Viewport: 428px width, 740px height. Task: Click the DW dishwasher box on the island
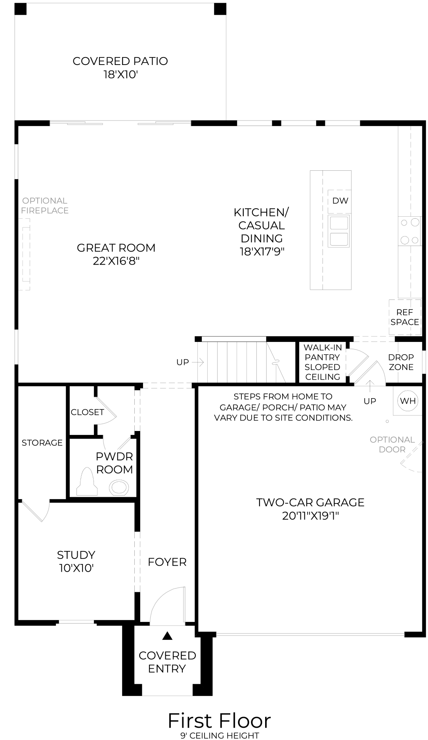pyautogui.click(x=340, y=201)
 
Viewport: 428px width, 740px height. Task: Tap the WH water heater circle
pyautogui.click(x=408, y=401)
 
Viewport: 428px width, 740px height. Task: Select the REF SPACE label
pyautogui.click(x=405, y=317)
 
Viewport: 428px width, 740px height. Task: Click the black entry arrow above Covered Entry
pyautogui.click(x=168, y=636)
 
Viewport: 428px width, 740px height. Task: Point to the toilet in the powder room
pyautogui.click(x=87, y=483)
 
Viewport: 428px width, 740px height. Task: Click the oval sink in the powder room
pyautogui.click(x=119, y=487)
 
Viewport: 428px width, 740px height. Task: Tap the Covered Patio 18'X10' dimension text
pyautogui.click(x=120, y=74)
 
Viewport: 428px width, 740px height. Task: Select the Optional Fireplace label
pyautogui.click(x=45, y=206)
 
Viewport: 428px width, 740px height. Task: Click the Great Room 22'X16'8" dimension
pyautogui.click(x=116, y=261)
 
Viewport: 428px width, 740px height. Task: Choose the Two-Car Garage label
pyautogui.click(x=310, y=502)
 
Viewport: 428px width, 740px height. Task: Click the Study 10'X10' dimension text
pyautogui.click(x=76, y=568)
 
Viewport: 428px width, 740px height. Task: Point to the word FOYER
pyautogui.click(x=167, y=562)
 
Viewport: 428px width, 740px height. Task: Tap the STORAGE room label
pyautogui.click(x=42, y=442)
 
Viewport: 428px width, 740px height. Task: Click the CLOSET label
pyautogui.click(x=87, y=412)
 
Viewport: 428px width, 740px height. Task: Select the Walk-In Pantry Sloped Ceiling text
pyautogui.click(x=323, y=362)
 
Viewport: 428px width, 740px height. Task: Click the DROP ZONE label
pyautogui.click(x=401, y=362)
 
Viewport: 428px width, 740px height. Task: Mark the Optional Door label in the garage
pyautogui.click(x=392, y=444)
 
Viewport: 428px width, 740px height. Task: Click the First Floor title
pyautogui.click(x=219, y=721)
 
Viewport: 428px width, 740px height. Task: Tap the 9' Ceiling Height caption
pyautogui.click(x=219, y=736)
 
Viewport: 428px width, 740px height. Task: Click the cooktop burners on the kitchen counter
pyautogui.click(x=410, y=231)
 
